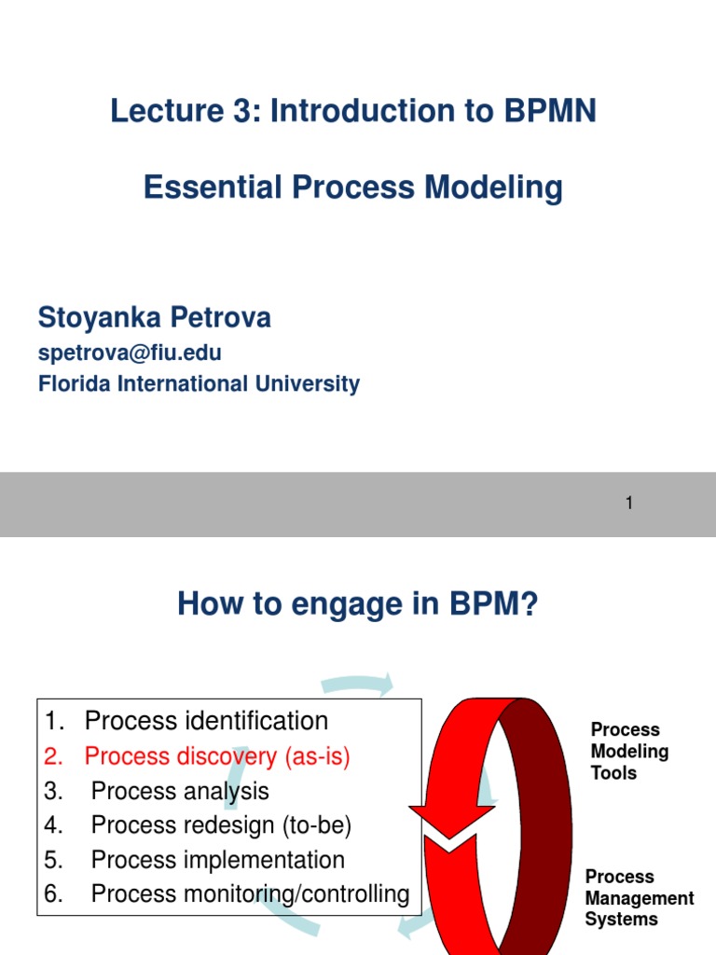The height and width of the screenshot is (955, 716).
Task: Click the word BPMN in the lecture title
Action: pos(550,111)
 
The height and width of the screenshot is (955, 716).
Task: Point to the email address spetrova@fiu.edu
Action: pos(130,353)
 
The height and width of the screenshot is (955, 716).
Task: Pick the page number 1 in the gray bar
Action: pos(629,504)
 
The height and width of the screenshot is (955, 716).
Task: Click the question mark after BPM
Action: pos(530,606)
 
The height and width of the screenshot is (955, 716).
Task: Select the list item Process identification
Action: pos(206,721)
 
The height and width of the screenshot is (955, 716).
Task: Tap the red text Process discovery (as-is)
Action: pos(217,756)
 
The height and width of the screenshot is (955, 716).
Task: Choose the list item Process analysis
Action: pos(180,791)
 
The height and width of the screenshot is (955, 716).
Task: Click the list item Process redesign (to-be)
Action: pos(221,825)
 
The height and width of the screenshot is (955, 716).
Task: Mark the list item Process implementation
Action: pos(218,859)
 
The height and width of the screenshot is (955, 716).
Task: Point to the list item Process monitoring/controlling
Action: pos(250,893)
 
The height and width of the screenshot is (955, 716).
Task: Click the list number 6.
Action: pos(52,893)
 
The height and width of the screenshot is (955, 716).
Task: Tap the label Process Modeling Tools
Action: pos(629,751)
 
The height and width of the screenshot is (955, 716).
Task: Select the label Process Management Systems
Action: pos(639,898)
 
